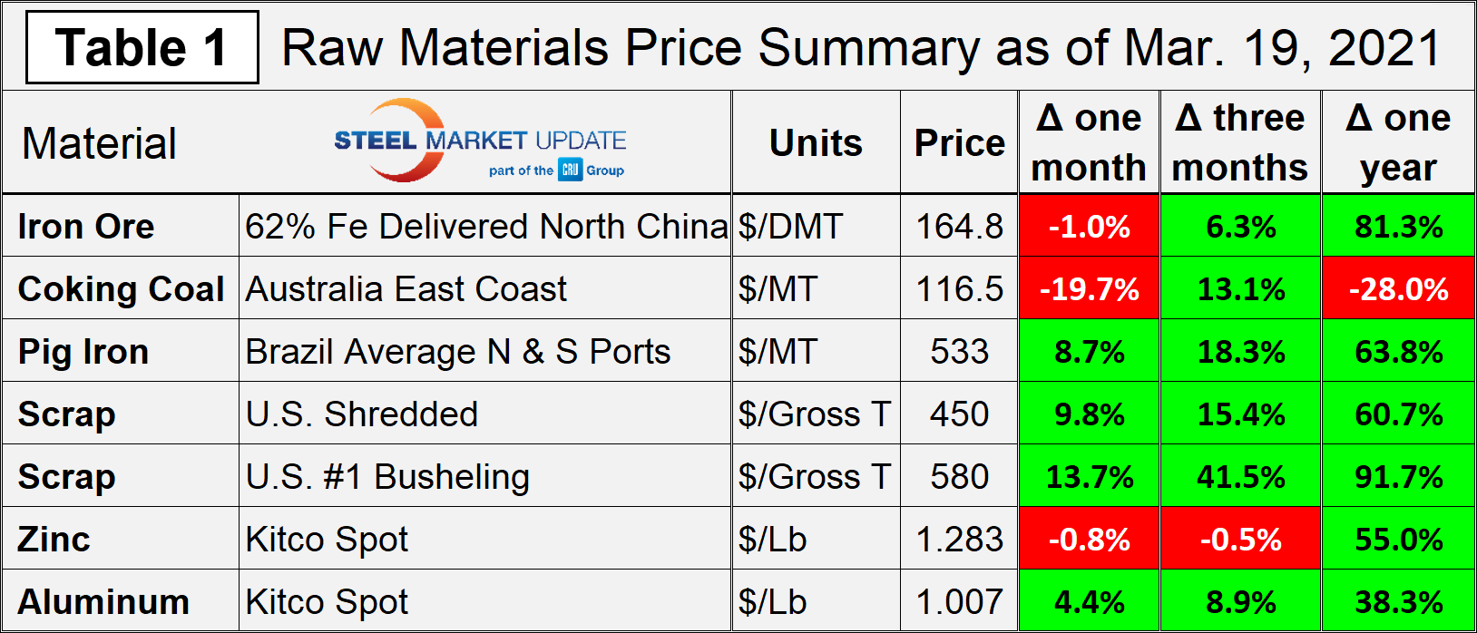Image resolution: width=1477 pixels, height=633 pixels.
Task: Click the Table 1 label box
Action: pos(142,47)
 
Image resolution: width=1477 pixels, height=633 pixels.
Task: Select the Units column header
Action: pos(816,142)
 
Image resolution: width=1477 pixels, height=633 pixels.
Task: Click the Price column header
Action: pos(959,142)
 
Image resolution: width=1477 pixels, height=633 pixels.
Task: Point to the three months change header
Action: pos(1240,142)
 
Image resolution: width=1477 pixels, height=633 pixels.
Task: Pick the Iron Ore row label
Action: pos(86,226)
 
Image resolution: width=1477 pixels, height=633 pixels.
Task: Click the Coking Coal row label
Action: pos(121,288)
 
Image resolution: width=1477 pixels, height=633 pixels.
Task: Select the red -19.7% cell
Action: pos(1089,288)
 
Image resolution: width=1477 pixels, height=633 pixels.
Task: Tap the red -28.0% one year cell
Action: pos(1398,288)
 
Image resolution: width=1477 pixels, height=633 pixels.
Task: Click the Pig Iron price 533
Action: pos(959,351)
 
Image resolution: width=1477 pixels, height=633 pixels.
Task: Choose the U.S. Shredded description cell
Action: pos(362,414)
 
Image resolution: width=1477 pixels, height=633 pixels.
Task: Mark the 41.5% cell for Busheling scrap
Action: pos(1240,476)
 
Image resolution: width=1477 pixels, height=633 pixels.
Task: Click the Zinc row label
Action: pos(54,539)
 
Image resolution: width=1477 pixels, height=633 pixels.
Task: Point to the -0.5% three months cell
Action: pos(1240,539)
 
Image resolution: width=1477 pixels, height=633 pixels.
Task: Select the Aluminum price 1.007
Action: pos(959,601)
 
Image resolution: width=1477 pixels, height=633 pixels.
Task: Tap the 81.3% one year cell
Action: pos(1398,226)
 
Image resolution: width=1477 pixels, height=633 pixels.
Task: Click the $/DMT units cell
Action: pos(790,226)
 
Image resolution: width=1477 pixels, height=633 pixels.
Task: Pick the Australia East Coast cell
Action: pos(406,288)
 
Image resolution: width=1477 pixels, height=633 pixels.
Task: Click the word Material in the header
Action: pos(99,143)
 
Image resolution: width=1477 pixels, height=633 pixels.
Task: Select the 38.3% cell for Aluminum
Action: pos(1398,601)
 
